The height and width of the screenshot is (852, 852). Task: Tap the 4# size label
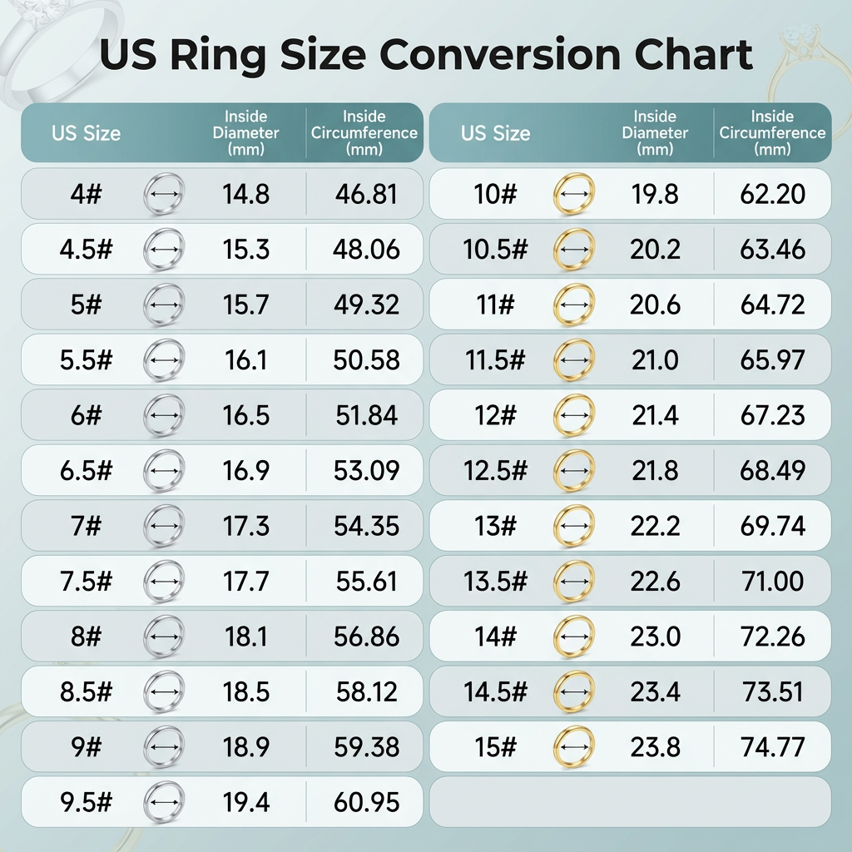coord(86,195)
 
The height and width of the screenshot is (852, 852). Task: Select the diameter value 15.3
coord(246,250)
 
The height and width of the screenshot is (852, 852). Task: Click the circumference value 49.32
coord(366,305)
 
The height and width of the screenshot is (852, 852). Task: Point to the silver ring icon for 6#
coord(164,415)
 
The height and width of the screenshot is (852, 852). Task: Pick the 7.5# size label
coord(86,582)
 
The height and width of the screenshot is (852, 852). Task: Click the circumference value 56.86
coord(366,637)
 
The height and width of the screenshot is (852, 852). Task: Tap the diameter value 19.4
coord(246,802)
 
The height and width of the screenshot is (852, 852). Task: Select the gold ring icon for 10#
coord(573,195)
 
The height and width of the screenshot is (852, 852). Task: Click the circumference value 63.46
coord(773,250)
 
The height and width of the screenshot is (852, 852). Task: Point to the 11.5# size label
coord(496,360)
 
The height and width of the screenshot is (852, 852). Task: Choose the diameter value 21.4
coord(655,415)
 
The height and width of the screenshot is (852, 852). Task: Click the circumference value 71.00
coord(773,582)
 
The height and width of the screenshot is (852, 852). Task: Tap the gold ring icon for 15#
coord(573,747)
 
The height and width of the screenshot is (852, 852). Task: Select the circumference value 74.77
coord(773,747)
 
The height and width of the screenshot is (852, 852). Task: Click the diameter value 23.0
coord(655,637)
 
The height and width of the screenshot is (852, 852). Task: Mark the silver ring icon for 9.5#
coord(164,802)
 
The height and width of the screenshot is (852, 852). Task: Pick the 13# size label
coord(496,526)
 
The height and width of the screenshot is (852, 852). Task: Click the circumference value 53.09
coord(366,471)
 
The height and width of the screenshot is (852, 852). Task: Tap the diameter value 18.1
coord(246,637)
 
